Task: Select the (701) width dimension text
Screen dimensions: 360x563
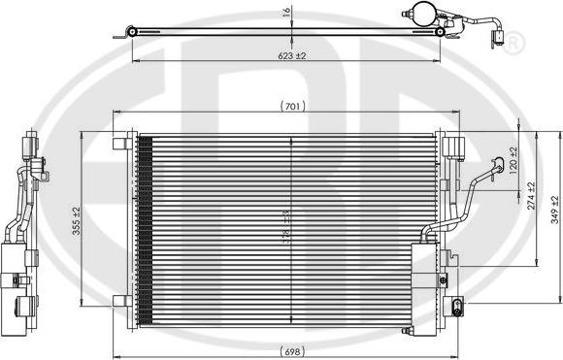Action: pos(289,105)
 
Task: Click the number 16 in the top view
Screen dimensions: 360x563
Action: pos(286,13)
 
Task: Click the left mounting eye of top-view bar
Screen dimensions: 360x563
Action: pos(131,33)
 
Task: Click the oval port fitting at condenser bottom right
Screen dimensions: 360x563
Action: pos(455,309)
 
